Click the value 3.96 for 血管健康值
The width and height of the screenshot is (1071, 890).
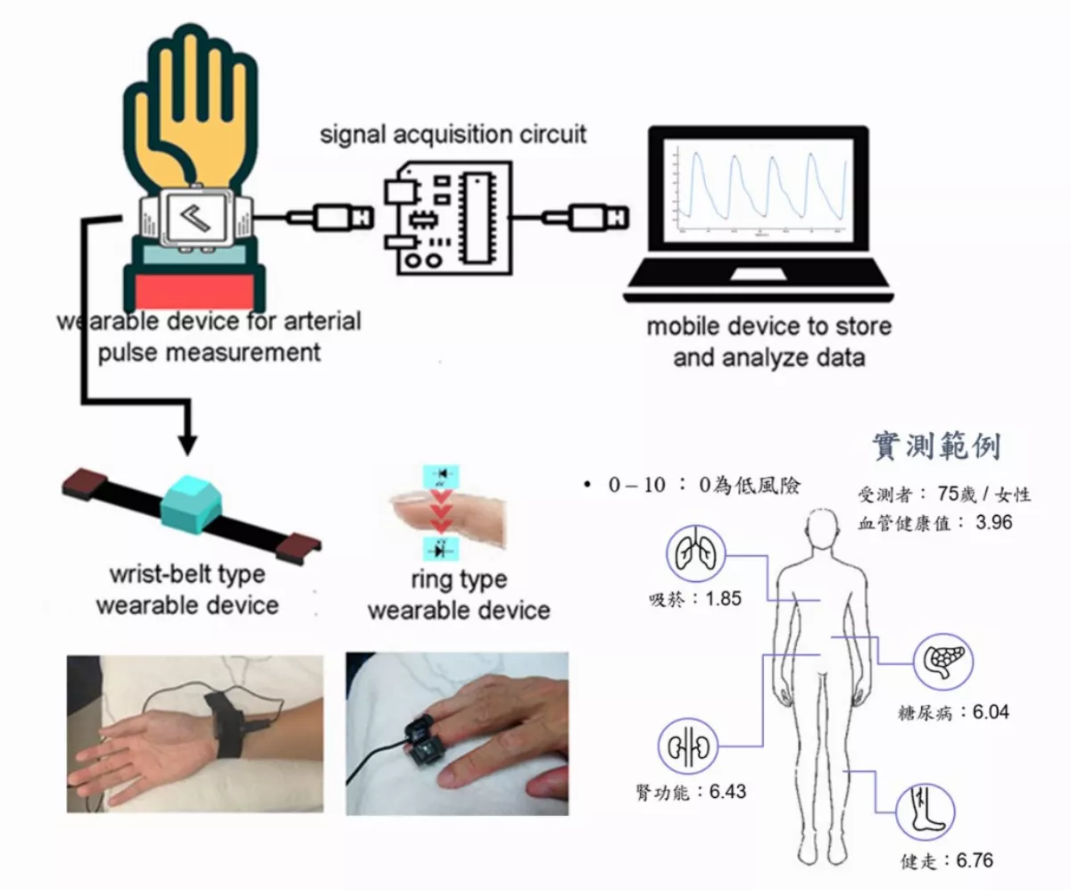[x=994, y=522]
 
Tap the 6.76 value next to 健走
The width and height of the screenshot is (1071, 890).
[x=974, y=861]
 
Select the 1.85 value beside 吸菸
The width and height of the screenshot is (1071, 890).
[x=723, y=599]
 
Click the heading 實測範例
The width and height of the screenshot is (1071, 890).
[x=934, y=446]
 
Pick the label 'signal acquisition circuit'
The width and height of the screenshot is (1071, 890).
[x=453, y=135]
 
